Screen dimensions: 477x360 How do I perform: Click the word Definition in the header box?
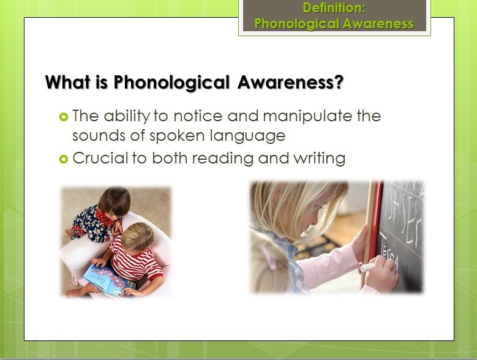334,7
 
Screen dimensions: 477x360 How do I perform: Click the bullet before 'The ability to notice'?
63,117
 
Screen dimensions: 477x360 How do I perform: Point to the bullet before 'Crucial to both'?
63,159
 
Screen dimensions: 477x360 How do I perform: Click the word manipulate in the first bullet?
307,117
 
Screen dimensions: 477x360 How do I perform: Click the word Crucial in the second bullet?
100,158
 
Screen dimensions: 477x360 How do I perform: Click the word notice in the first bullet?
198,116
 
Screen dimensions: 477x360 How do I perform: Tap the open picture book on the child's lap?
109,281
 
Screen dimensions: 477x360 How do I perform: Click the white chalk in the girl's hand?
367,268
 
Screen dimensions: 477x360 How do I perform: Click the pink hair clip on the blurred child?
268,257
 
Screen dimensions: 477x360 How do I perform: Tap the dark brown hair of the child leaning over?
115,200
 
